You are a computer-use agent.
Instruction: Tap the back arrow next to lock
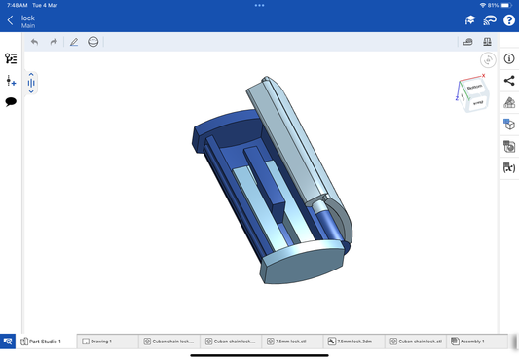coord(10,20)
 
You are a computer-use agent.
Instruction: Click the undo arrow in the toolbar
coord(35,42)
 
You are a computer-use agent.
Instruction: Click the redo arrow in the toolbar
coord(54,42)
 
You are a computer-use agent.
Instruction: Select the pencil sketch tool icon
coord(74,42)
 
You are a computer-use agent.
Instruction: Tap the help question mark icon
coord(508,20)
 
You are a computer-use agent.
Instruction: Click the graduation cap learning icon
coord(470,20)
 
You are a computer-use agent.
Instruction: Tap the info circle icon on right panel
coord(508,59)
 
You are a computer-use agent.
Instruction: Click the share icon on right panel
coord(508,81)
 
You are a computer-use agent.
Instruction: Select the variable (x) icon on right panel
coord(508,168)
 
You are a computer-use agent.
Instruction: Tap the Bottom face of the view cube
coord(475,89)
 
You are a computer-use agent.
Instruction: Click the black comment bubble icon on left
coord(11,101)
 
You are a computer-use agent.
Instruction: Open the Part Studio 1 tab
coord(42,342)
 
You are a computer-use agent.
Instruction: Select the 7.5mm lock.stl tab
coord(287,342)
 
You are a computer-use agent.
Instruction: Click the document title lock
coord(27,18)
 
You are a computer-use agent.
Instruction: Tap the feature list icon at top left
coord(11,59)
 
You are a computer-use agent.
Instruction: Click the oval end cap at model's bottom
coord(304,263)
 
